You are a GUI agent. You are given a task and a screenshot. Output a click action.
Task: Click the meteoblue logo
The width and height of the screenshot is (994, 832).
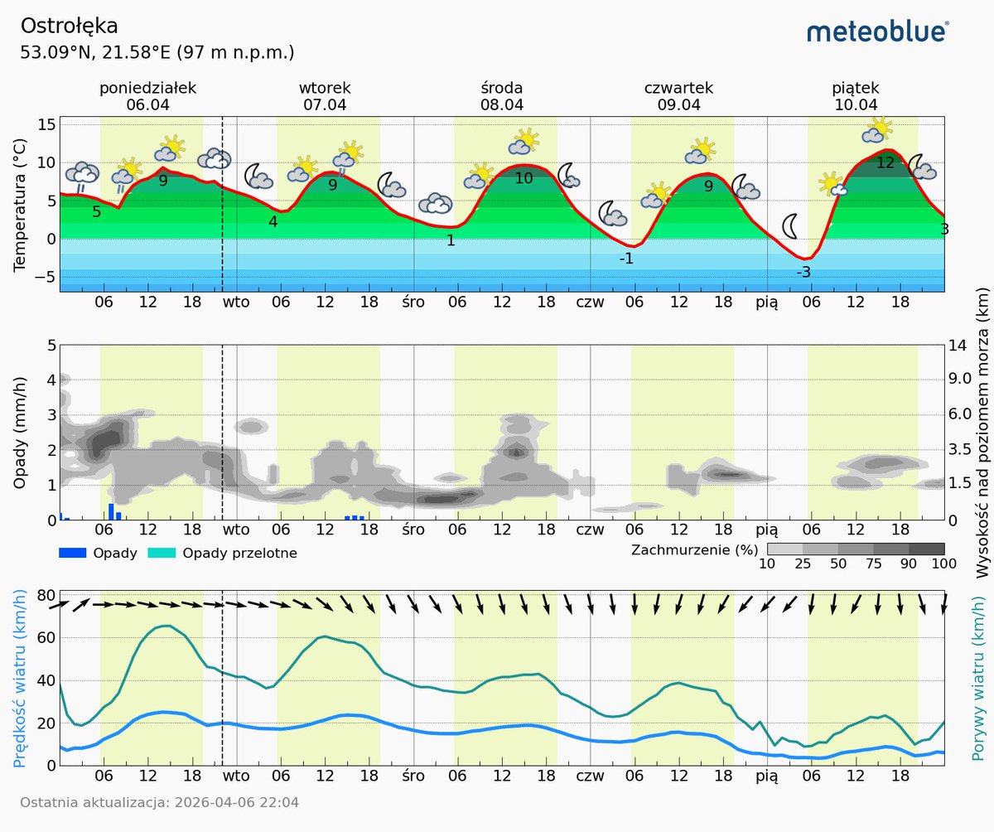(877, 31)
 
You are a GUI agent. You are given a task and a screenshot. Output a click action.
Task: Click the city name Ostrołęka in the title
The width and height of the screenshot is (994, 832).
(69, 26)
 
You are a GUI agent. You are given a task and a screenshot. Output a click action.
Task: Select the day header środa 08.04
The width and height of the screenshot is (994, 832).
(502, 96)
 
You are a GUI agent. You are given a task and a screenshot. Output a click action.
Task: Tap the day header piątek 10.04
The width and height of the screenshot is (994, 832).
(856, 96)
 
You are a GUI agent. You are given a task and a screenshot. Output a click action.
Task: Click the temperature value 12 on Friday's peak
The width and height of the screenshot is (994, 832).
(885, 163)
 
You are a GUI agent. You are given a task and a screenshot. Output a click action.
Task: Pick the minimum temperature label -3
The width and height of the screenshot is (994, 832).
(803, 273)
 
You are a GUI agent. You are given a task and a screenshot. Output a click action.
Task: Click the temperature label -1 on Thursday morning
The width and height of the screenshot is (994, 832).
(627, 259)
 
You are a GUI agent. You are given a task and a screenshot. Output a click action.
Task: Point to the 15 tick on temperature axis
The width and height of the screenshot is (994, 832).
(46, 124)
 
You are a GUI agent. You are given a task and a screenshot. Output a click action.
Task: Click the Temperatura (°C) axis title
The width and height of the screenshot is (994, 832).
(20, 205)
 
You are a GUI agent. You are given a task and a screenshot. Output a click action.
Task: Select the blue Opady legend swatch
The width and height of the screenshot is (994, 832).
(72, 553)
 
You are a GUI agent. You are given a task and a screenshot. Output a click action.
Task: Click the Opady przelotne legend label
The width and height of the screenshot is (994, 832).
(239, 553)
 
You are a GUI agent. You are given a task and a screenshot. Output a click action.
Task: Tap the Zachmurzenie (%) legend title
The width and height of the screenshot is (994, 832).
(694, 549)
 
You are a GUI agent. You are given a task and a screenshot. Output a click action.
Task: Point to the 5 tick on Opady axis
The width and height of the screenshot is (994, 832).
(51, 345)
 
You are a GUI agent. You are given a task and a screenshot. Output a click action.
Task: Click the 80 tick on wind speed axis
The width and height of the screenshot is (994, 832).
(46, 594)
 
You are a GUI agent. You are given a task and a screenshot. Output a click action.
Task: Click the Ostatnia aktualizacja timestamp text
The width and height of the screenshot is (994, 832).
(159, 802)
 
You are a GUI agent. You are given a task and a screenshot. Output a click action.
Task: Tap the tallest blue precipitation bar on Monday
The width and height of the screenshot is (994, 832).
(111, 511)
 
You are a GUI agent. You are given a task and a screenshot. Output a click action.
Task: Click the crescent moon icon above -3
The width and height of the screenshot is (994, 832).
(791, 225)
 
